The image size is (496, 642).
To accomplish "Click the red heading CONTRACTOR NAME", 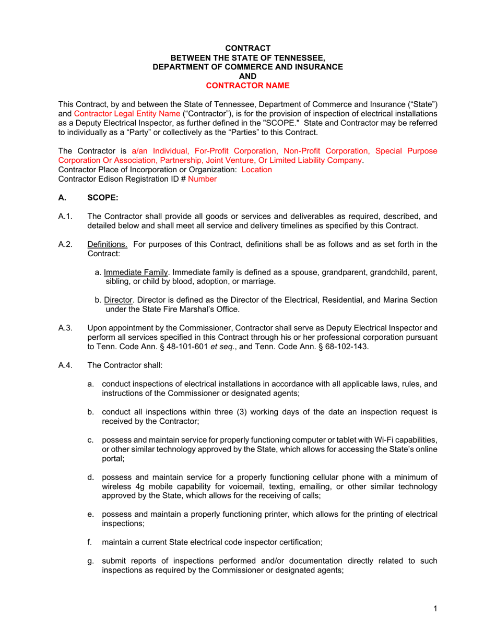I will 247,85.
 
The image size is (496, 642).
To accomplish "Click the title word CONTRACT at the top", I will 247,48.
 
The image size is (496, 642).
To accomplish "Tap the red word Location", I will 257,170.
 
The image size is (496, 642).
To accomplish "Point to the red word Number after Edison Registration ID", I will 202,179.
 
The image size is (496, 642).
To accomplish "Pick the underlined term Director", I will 117,300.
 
